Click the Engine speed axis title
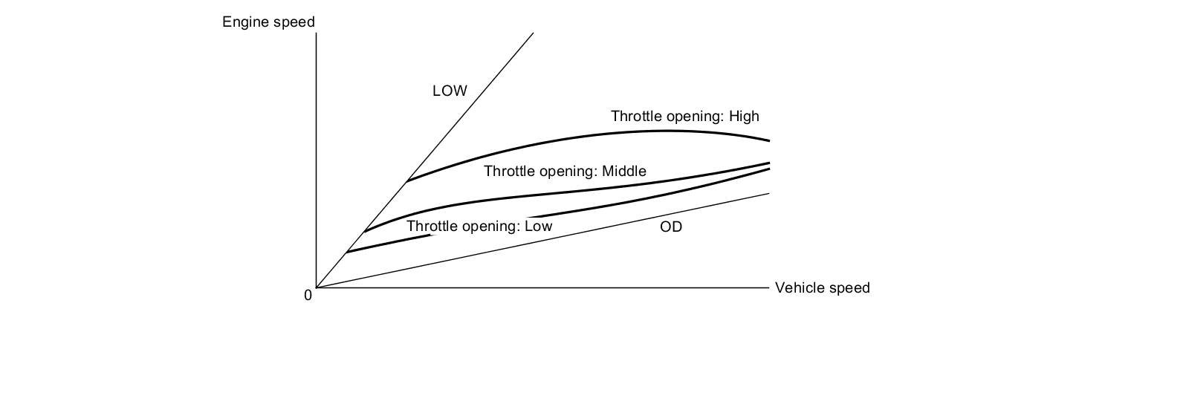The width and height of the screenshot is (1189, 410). pyautogui.click(x=268, y=22)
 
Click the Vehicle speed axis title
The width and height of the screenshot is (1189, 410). pyautogui.click(x=822, y=288)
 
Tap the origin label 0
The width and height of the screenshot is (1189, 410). pyautogui.click(x=308, y=296)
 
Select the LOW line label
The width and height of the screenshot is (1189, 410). pyautogui.click(x=450, y=91)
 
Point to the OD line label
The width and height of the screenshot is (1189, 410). pyautogui.click(x=670, y=227)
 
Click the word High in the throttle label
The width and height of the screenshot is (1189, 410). pyautogui.click(x=744, y=117)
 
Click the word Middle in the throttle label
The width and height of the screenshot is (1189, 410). pyautogui.click(x=623, y=172)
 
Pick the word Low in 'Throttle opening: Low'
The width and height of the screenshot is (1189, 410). pyautogui.click(x=538, y=227)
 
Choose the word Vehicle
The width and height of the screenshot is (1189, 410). pyautogui.click(x=799, y=288)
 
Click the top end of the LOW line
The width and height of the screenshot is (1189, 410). pyautogui.click(x=533, y=33)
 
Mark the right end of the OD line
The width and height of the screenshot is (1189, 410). pyautogui.click(x=769, y=193)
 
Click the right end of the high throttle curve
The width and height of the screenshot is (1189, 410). pyautogui.click(x=769, y=140)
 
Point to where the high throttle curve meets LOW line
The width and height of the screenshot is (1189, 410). pyautogui.click(x=406, y=181)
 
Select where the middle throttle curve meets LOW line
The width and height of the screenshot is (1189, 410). pyautogui.click(x=364, y=231)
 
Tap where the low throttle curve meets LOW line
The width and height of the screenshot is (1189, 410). pyautogui.click(x=346, y=253)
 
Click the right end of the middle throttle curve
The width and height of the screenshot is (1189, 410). pyautogui.click(x=769, y=163)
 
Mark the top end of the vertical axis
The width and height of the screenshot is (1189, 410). pyautogui.click(x=317, y=34)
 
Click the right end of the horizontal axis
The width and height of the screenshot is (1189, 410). pyautogui.click(x=769, y=287)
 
